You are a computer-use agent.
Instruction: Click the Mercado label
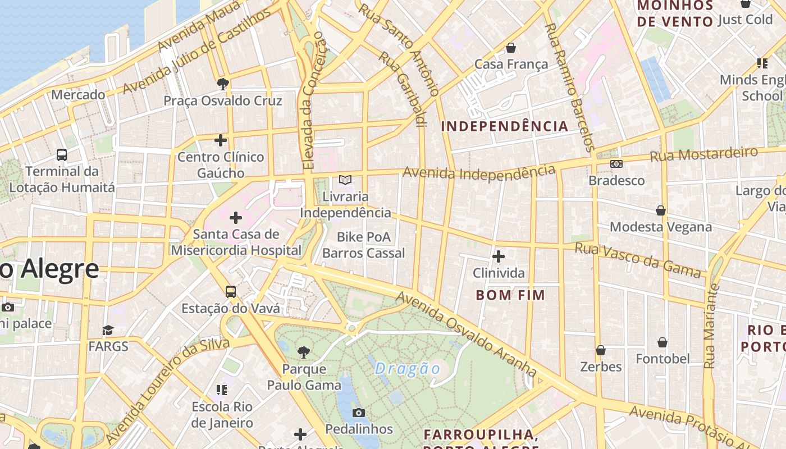[x=78, y=95]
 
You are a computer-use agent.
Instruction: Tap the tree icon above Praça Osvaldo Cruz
[x=222, y=84]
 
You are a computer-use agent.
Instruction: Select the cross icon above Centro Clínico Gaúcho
[x=221, y=140]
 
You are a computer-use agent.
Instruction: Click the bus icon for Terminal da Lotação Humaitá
[x=62, y=154]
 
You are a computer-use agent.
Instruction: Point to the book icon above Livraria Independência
[x=345, y=180]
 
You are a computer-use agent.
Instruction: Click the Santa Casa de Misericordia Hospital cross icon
[x=236, y=217]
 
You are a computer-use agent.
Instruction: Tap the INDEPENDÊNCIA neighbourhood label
[x=505, y=126]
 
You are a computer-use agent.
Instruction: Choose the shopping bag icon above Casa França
[x=511, y=48]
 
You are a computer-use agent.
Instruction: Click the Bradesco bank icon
[x=616, y=164]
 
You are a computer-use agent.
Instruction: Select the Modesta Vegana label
[x=661, y=227]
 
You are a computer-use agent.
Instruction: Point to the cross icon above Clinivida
[x=498, y=256]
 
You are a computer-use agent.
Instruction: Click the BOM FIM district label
[x=510, y=295]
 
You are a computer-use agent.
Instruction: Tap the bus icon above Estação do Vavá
[x=231, y=292]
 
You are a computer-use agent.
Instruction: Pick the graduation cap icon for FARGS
[x=108, y=330]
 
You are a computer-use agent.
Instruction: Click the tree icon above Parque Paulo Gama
[x=304, y=352]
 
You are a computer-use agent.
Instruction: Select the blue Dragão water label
[x=408, y=369]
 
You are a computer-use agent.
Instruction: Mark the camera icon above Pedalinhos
[x=359, y=413]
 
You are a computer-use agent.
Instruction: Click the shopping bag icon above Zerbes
[x=601, y=350]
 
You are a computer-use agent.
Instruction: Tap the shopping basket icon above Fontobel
[x=662, y=342]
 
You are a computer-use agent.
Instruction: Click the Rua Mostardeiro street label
[x=704, y=154]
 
